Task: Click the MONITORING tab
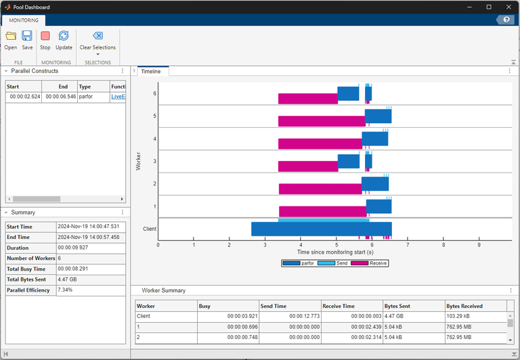click(24, 20)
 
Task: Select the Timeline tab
click(150, 71)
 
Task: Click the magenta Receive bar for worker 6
click(307, 99)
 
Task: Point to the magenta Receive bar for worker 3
click(307, 166)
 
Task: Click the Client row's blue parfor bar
click(321, 229)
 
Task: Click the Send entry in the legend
click(343, 263)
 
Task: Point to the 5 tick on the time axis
click(337, 245)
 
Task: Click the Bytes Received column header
click(464, 306)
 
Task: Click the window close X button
click(508, 7)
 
